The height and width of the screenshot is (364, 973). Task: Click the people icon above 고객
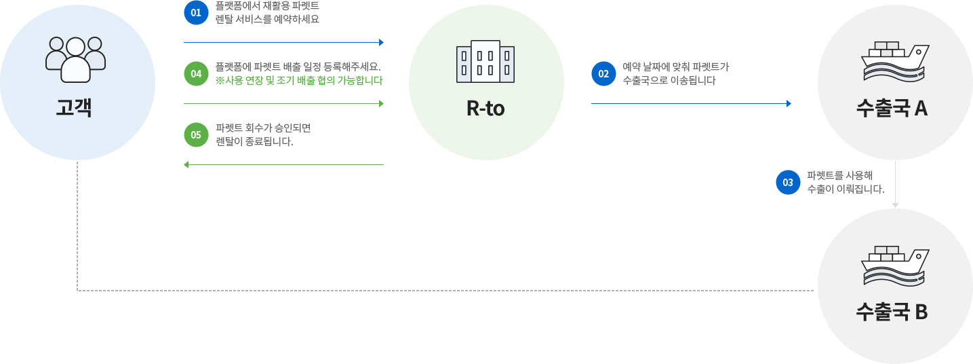pyautogui.click(x=75, y=58)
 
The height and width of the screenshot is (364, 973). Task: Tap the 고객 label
pyautogui.click(x=74, y=108)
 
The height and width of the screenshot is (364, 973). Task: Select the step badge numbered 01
pyautogui.click(x=196, y=13)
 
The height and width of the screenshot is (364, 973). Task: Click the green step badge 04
pyautogui.click(x=196, y=73)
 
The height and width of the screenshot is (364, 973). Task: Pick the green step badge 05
pyautogui.click(x=196, y=134)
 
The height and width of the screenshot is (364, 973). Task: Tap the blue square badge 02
pyautogui.click(x=603, y=73)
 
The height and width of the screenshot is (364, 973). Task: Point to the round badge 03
pyautogui.click(x=788, y=182)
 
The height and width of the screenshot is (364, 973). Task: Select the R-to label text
pyautogui.click(x=485, y=108)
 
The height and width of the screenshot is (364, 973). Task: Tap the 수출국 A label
pyautogui.click(x=892, y=109)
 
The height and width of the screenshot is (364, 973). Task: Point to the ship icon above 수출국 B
pyautogui.click(x=894, y=266)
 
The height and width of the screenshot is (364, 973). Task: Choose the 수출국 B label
pyautogui.click(x=892, y=312)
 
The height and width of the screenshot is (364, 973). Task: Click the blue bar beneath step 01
pyautogui.click(x=283, y=42)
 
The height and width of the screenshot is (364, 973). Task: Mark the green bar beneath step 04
pyautogui.click(x=283, y=103)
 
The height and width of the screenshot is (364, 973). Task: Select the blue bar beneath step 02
pyautogui.click(x=691, y=103)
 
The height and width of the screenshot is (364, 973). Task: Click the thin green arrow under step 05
pyautogui.click(x=283, y=164)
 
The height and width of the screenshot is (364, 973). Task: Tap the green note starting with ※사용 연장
pyautogui.click(x=299, y=80)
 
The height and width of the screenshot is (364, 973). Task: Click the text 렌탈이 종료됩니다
pyautogui.click(x=254, y=141)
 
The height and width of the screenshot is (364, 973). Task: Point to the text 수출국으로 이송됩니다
pyautogui.click(x=669, y=80)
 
